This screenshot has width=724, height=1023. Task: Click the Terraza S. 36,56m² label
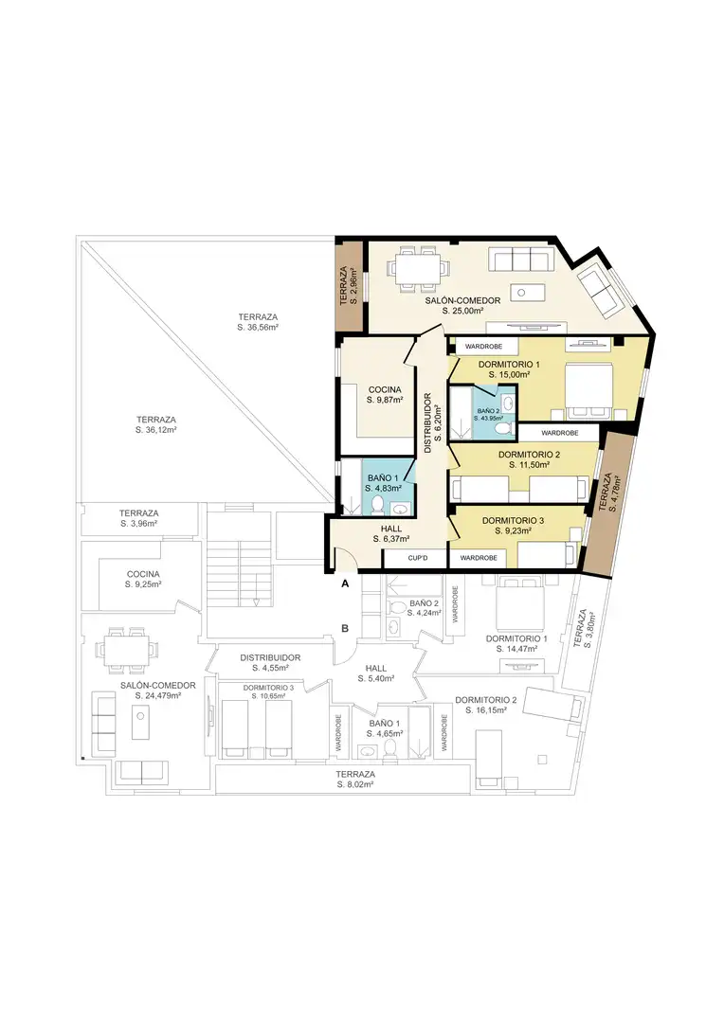258,322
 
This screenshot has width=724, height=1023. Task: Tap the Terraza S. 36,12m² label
156,424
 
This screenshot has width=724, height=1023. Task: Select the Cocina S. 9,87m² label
385,395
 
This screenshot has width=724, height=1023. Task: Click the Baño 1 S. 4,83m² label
383,483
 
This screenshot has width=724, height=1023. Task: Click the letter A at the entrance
345,583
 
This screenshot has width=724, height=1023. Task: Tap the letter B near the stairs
345,629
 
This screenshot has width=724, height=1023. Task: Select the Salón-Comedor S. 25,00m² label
462,306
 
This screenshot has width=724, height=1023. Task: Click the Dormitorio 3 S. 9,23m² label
513,526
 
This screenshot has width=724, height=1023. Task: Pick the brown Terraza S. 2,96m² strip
349,285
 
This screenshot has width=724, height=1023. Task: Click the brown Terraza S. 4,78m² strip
608,504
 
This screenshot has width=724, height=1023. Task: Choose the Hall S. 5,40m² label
376,673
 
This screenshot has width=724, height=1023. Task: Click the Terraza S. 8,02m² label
355,779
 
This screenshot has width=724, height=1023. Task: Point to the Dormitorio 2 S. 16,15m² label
486,705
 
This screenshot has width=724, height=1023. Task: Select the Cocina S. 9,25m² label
143,580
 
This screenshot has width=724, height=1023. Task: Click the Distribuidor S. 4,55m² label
270,663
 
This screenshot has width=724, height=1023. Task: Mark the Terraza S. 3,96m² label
139,518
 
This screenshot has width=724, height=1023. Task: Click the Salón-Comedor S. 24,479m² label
158,691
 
